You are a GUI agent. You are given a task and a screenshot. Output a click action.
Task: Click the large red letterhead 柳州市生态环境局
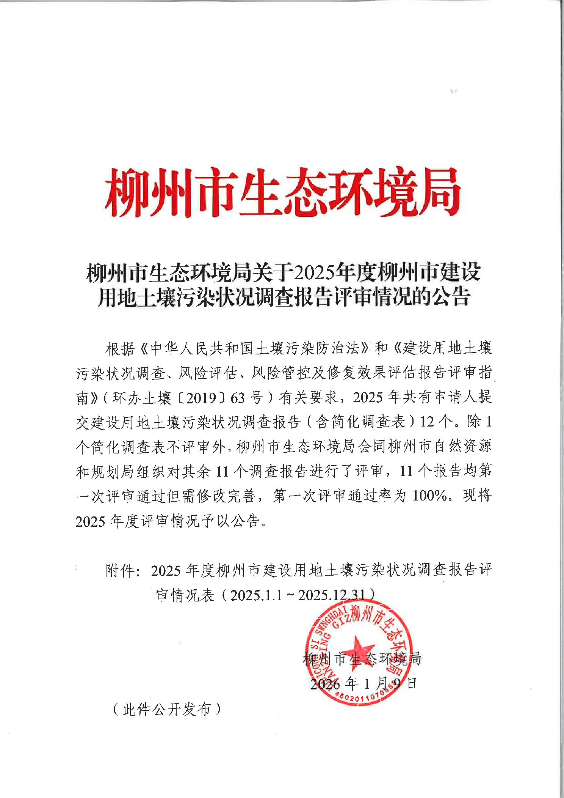[x=282, y=192]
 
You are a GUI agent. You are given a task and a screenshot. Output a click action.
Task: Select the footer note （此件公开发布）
[x=167, y=709]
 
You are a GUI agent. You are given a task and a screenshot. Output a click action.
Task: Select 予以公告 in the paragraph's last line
[x=232, y=521]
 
